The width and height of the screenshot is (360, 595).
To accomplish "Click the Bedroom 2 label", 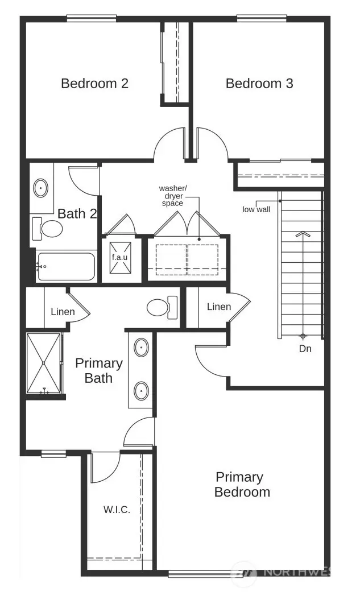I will click(94, 84).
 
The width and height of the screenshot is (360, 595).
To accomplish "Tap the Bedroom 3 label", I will click(259, 84).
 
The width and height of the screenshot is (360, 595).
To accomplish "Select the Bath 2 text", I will click(78, 214).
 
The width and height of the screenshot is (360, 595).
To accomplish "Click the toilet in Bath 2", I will click(49, 229).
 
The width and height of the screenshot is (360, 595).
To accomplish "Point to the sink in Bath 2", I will click(42, 187).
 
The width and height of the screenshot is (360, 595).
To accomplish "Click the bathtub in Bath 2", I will click(65, 266).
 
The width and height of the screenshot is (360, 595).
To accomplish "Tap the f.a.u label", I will click(119, 257).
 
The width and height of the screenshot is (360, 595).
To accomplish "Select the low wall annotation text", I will click(256, 209).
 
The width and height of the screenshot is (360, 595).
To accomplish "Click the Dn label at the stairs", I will click(305, 349).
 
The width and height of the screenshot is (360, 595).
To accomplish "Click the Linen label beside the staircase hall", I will click(219, 307).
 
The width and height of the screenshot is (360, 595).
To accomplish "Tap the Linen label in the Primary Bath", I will click(63, 312).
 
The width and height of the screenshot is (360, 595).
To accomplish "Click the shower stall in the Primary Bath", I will click(44, 363).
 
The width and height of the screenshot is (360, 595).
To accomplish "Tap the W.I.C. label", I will click(117, 510).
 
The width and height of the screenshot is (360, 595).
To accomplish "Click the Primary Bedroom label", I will click(242, 485).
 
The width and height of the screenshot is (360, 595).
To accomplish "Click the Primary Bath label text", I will click(99, 370).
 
